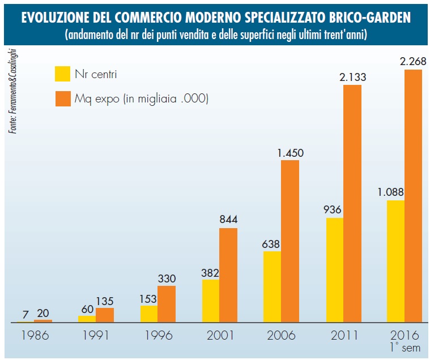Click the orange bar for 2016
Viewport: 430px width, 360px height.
[x=413, y=196]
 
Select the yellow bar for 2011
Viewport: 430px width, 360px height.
[x=335, y=270]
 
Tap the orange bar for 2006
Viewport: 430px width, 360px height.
[x=290, y=241]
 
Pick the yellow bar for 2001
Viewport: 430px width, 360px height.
[x=211, y=301]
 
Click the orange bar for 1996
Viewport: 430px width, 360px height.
[x=167, y=304]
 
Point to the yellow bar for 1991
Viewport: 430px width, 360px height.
[x=87, y=319]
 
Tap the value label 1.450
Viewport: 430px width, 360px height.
[x=290, y=152]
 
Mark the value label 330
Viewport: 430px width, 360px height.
[x=167, y=278]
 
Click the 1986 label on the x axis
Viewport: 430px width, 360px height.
[x=35, y=335]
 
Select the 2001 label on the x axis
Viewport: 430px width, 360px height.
[x=220, y=335]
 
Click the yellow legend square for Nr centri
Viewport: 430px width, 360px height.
[x=62, y=73]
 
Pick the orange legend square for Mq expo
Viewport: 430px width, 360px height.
[x=62, y=98]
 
